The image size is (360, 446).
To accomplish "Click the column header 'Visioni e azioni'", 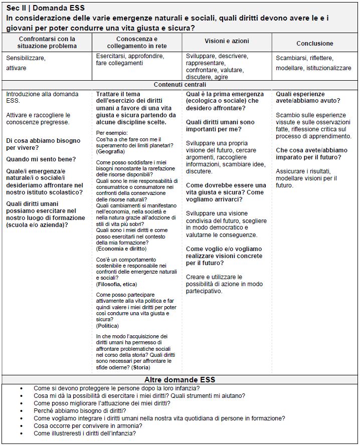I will (227, 41).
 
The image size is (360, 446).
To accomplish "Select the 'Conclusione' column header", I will (314, 44).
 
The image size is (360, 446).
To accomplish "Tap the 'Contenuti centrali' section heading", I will (180, 84).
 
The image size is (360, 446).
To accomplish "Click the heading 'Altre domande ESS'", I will (180, 379).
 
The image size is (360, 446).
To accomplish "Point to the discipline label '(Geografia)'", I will (111, 151).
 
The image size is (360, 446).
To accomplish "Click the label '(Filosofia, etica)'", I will (116, 284).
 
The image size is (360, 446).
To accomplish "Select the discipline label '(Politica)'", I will (107, 326).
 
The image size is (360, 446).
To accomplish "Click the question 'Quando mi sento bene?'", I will (41, 159).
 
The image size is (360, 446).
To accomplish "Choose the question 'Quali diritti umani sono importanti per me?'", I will (220, 125).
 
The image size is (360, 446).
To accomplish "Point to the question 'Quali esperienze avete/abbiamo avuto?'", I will (300, 97).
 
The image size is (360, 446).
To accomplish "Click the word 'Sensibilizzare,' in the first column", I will (26, 58).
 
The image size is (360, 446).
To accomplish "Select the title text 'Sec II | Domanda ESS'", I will (46, 8).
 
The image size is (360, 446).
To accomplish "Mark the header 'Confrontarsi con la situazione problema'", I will (47, 42).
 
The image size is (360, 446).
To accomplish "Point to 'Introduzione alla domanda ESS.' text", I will (42, 97).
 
